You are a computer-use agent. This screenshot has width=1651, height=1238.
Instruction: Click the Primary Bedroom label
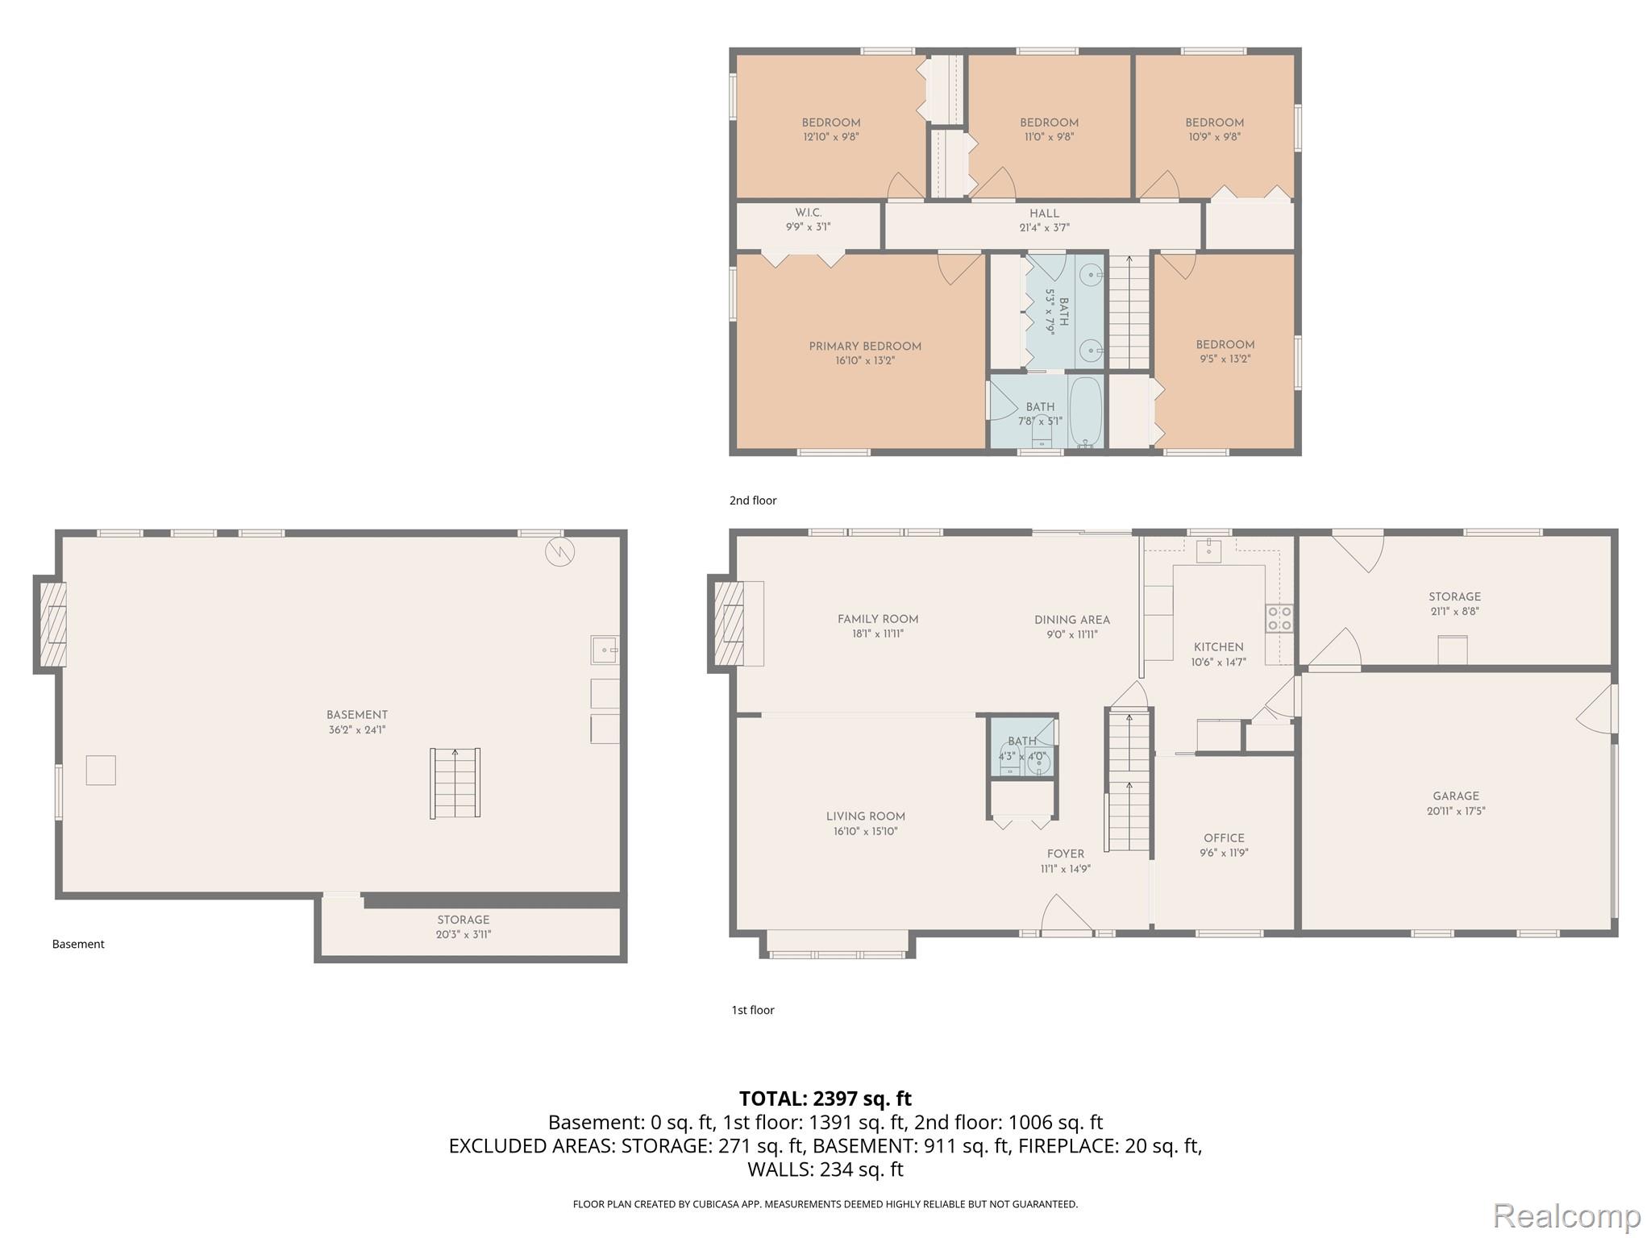[865, 347]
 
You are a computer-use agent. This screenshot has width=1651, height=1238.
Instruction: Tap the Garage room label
[1456, 796]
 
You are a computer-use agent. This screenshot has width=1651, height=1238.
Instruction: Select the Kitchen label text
[1218, 647]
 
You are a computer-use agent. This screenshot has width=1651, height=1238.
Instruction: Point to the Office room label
[1224, 838]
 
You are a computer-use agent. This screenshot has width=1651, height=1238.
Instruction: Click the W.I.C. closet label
[808, 213]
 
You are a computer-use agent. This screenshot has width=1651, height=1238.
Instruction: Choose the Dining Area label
[1072, 620]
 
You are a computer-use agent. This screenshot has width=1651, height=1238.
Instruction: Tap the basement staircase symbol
[455, 783]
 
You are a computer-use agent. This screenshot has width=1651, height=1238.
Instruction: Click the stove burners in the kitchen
[1280, 618]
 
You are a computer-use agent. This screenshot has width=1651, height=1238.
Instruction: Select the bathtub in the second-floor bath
[1086, 412]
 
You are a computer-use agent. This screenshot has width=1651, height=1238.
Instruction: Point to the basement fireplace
[51, 624]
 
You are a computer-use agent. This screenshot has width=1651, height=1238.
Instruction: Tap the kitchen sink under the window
[1208, 551]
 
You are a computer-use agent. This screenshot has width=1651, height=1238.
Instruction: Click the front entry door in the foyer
[1067, 916]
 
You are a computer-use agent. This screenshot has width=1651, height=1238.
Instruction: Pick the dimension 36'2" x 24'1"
[356, 730]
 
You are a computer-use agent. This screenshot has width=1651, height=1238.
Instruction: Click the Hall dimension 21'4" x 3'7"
[1044, 228]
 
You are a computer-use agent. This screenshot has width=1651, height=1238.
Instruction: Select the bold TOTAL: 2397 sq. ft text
[825, 1099]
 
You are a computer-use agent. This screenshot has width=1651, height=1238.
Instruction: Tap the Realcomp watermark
[1566, 1214]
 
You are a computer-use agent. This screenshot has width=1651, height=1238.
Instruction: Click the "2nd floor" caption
[753, 501]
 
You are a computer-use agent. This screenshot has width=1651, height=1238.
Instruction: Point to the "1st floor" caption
[753, 1010]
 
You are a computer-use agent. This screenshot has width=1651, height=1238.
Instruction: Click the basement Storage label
[464, 920]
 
